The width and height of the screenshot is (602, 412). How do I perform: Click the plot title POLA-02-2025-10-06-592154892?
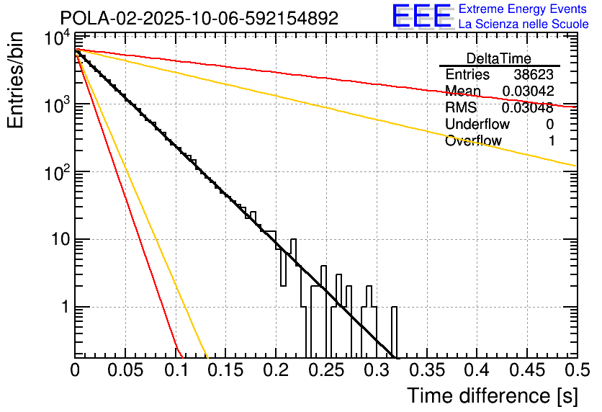(x=199, y=18)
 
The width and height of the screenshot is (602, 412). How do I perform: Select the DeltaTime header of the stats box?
(x=499, y=58)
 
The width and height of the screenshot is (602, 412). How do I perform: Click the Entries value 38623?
(x=534, y=75)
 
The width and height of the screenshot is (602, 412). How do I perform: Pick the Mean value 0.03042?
(x=528, y=91)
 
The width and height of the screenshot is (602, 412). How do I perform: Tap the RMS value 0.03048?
(x=528, y=108)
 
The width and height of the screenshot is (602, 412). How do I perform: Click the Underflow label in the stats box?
(x=477, y=125)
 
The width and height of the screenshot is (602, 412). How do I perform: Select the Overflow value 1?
(x=551, y=141)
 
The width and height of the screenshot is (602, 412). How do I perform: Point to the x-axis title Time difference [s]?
(x=492, y=395)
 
